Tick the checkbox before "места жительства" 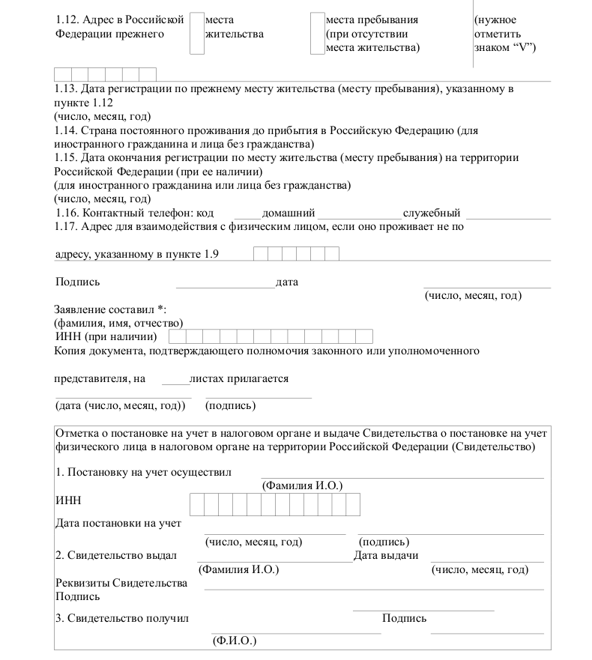[x=196, y=34]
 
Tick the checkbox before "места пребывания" [x=316, y=34]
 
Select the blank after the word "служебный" [x=507, y=214]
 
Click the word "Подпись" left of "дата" [x=77, y=282]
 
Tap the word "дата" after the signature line [x=287, y=282]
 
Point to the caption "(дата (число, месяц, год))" [x=120, y=406]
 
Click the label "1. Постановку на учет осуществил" [x=143, y=473]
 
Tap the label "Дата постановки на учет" [x=118, y=523]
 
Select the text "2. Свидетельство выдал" [x=115, y=555]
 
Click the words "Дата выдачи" [x=385, y=555]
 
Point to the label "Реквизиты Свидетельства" [x=121, y=584]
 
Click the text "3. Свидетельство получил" [x=121, y=619]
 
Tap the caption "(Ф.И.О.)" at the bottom [x=234, y=642]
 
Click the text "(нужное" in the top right [x=495, y=20]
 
